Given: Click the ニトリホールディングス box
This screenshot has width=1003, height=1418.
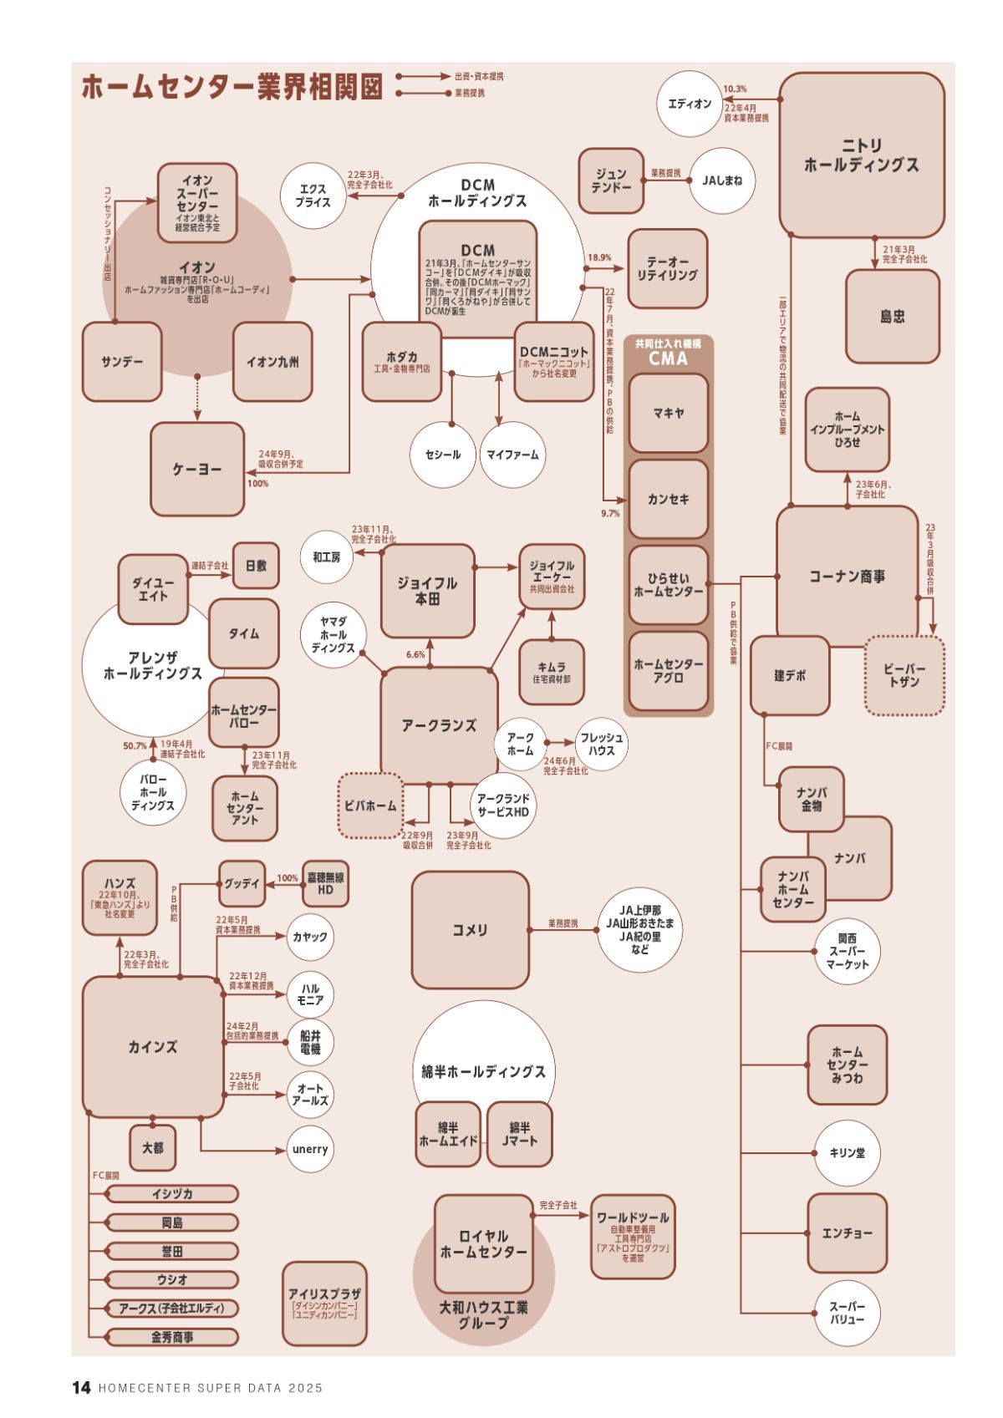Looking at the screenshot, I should click(861, 155).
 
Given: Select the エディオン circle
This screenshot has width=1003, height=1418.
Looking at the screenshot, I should click(690, 104).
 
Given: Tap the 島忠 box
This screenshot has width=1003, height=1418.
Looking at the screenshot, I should click(892, 316).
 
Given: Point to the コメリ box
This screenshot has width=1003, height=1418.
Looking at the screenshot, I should click(470, 930).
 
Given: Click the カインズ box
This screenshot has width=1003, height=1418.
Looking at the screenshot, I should click(152, 1046).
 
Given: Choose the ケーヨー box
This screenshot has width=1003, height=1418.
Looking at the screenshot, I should click(197, 470).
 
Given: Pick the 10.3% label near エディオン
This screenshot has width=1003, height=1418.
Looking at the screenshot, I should click(735, 89).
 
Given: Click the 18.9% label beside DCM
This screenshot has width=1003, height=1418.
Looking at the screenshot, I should click(599, 258).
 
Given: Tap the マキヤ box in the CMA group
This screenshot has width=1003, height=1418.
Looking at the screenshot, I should click(668, 413).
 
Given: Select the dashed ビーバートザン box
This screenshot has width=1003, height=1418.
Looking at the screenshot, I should click(904, 675).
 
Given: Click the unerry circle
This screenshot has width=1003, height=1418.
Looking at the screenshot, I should click(309, 1149).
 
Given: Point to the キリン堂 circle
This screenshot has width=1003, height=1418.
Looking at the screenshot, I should click(847, 1152).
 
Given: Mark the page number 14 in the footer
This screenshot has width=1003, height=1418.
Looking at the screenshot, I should click(81, 1388).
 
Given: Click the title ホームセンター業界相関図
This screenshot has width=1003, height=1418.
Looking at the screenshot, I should click(232, 86).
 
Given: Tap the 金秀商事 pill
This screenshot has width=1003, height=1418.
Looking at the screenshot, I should click(172, 1337).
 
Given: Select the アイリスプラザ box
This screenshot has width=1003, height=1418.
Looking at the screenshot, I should click(324, 1303).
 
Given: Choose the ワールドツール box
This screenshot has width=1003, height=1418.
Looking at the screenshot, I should click(633, 1236).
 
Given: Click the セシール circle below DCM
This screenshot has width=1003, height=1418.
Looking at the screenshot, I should click(443, 455).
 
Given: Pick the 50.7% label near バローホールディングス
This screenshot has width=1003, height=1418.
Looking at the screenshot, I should click(135, 745).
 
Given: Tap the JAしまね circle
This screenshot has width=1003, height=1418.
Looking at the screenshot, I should click(722, 180).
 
